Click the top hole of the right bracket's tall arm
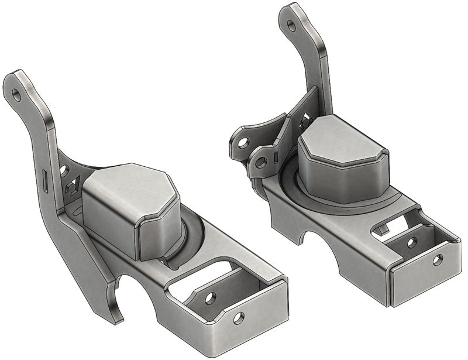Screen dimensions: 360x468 [x=291, y=25]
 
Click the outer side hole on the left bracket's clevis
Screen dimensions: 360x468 [x=238, y=318]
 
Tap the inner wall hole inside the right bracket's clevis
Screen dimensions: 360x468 [x=412, y=242]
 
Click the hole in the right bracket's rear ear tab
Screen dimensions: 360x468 [x=243, y=141]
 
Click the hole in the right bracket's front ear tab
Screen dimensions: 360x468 [x=261, y=162]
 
